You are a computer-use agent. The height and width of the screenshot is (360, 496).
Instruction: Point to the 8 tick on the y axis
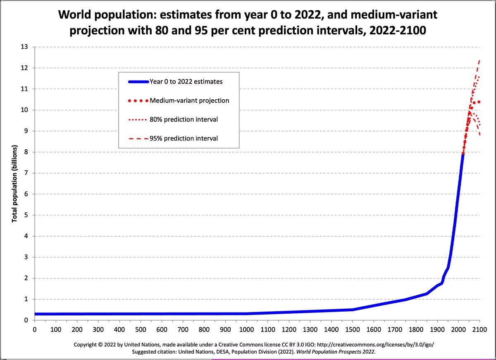(26, 152)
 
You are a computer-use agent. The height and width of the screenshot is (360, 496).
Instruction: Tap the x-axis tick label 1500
(352, 329)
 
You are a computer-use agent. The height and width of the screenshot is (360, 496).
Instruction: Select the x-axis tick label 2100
(479, 329)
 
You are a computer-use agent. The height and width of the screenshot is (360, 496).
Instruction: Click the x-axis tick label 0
(34, 329)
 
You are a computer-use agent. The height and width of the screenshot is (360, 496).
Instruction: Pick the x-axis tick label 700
(183, 329)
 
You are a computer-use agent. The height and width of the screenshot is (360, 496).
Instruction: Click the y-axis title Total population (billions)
(14, 184)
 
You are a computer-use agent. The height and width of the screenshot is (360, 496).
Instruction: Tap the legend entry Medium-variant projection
(189, 100)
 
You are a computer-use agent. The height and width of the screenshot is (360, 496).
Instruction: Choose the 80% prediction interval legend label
(184, 119)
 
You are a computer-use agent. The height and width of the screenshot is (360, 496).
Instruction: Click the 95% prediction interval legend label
(184, 138)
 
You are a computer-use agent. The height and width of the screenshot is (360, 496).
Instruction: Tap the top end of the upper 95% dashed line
(479, 60)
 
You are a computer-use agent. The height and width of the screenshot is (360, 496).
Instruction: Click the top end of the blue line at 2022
(463, 154)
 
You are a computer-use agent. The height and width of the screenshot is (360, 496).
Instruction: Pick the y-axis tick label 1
(26, 299)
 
